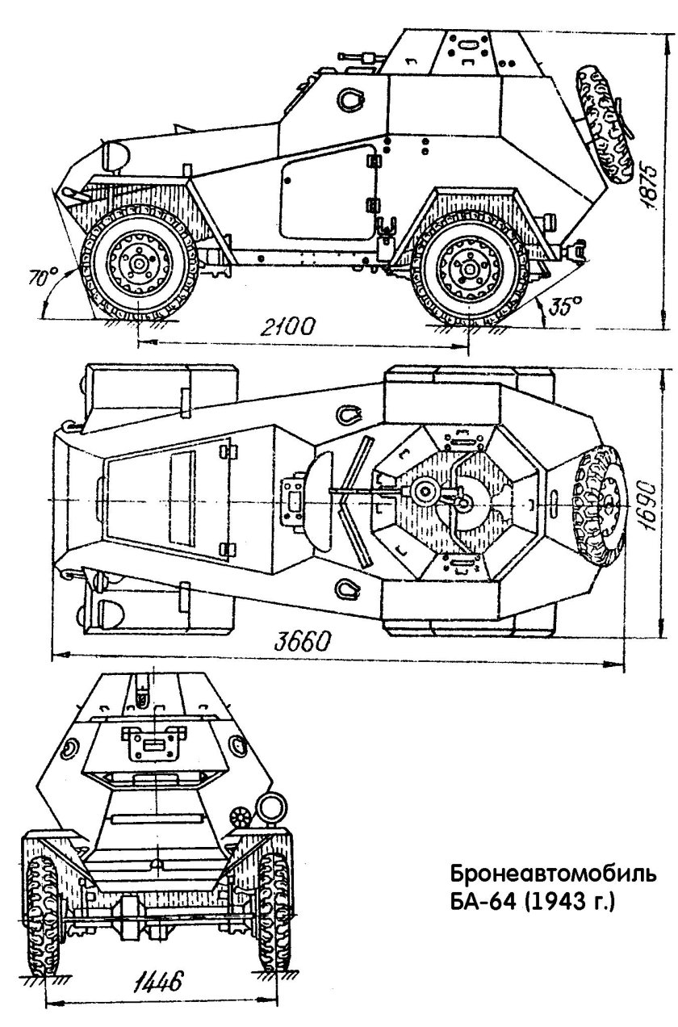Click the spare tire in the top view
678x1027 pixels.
(599, 500)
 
